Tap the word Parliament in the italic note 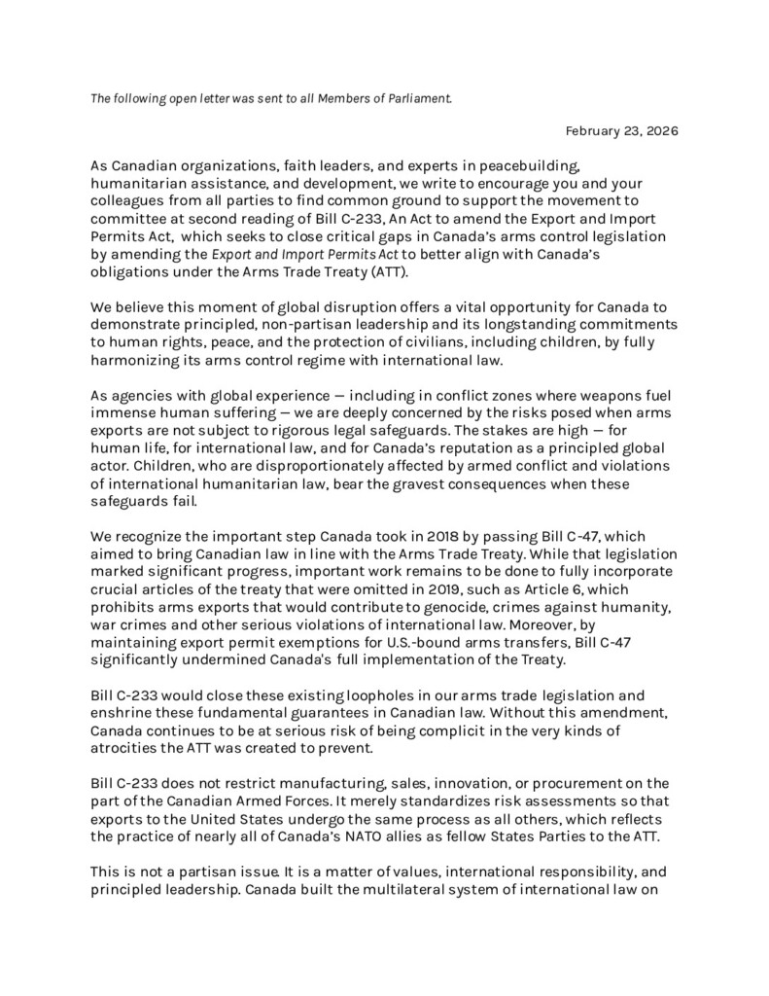414,98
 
